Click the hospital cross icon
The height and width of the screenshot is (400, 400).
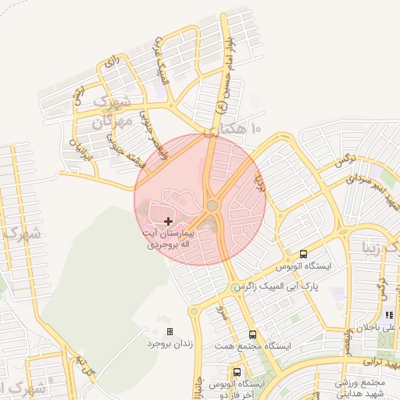[x=170, y=222]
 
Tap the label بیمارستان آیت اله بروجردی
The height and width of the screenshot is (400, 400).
[x=168, y=238]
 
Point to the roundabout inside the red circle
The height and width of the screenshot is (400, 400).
[x=212, y=206]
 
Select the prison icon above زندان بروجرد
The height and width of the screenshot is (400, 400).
[x=170, y=331]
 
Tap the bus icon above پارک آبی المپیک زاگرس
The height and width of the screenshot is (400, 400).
[x=304, y=254]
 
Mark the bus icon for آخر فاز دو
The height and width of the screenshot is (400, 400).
[x=237, y=372]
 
